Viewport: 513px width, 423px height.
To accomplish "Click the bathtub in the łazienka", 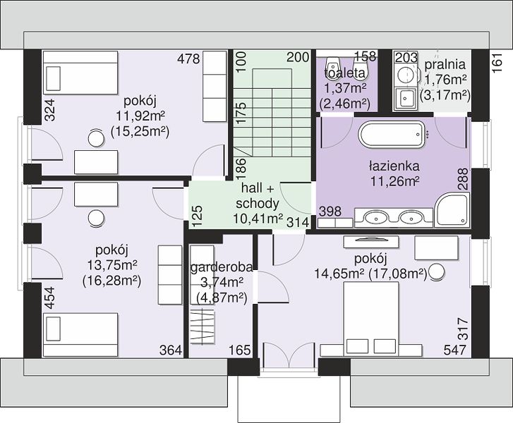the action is pos(391,135).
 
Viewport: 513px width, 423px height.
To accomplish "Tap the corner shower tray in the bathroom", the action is pos(452,209).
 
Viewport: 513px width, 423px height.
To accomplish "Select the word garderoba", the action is pos(222,267).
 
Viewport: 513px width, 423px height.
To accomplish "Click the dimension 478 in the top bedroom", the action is pos(188,59).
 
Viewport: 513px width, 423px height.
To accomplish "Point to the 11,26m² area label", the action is pos(395,180).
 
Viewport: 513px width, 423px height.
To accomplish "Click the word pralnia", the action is pos(445,64).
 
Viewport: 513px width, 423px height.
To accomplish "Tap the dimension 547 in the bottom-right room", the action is pos(454,350).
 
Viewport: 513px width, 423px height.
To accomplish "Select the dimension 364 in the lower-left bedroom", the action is pos(171,350).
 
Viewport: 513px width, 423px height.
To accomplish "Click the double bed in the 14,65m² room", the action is pos(371,319).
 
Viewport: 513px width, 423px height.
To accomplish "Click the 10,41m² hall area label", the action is pos(258,219).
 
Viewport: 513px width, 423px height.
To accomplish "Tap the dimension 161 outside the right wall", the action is pos(497,63).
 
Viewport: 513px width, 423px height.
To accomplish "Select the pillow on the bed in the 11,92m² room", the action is pos(54,78).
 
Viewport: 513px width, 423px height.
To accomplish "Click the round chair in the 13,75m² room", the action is pos(96,218).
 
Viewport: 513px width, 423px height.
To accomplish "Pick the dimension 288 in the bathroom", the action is pos(463,179).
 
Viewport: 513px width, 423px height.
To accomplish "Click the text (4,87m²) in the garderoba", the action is pos(222,298).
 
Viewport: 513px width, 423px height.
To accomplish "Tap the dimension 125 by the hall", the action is pos(198,216).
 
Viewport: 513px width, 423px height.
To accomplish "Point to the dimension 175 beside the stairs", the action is pos(241,113).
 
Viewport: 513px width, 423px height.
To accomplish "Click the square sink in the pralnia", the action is pos(406,98).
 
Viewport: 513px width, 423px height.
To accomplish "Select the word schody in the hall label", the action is pos(258,203).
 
